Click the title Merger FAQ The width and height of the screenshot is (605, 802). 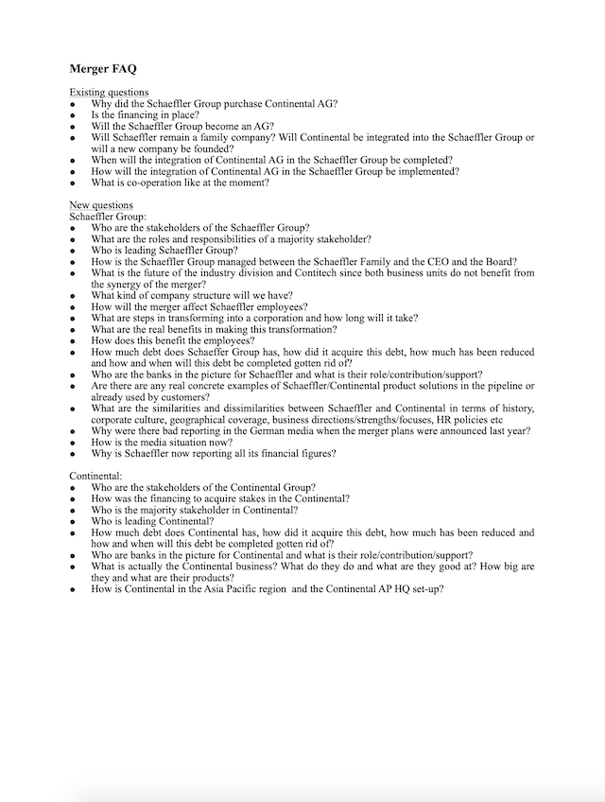[x=103, y=69]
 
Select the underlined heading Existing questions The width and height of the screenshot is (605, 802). [x=109, y=92]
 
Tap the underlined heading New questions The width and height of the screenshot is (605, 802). [x=101, y=205]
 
